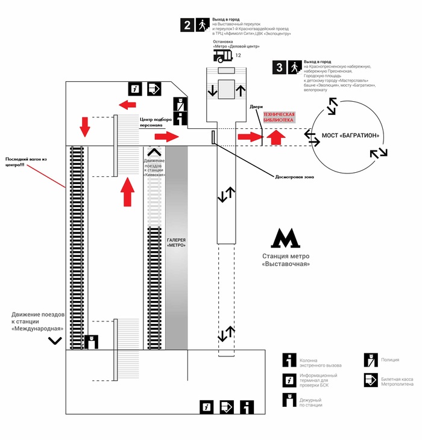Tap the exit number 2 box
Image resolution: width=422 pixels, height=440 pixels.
tap(187, 25)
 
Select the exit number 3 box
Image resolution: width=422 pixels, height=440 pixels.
tap(280, 67)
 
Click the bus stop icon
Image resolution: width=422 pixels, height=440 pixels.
tap(223, 56)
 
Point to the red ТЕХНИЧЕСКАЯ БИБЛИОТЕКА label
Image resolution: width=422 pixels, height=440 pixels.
tap(279, 117)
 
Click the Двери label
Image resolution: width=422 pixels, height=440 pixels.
tap(256, 107)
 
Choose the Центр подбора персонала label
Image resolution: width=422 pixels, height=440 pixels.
tap(156, 122)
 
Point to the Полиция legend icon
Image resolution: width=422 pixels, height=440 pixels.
tap(371, 361)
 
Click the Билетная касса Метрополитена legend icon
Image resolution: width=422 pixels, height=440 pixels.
tap(371, 380)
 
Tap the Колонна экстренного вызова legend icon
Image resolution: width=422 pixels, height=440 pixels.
tap(289, 360)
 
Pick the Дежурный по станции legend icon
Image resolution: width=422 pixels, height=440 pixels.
tap(289, 400)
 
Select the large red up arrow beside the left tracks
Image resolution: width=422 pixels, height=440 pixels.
tap(127, 192)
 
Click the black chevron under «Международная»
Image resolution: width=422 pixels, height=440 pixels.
tap(55, 341)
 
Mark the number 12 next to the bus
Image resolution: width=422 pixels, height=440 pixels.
tap(238, 55)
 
